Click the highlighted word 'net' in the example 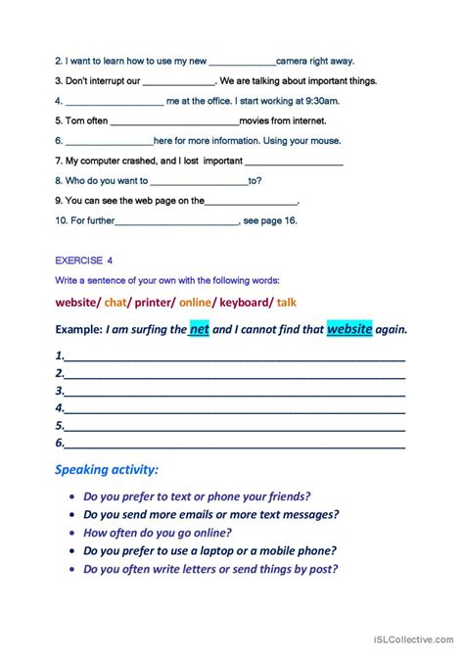coord(200,329)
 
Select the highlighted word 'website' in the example coord(349,329)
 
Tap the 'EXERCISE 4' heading coord(91,261)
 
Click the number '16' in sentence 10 coord(290,220)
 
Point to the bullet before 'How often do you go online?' coord(73,534)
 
